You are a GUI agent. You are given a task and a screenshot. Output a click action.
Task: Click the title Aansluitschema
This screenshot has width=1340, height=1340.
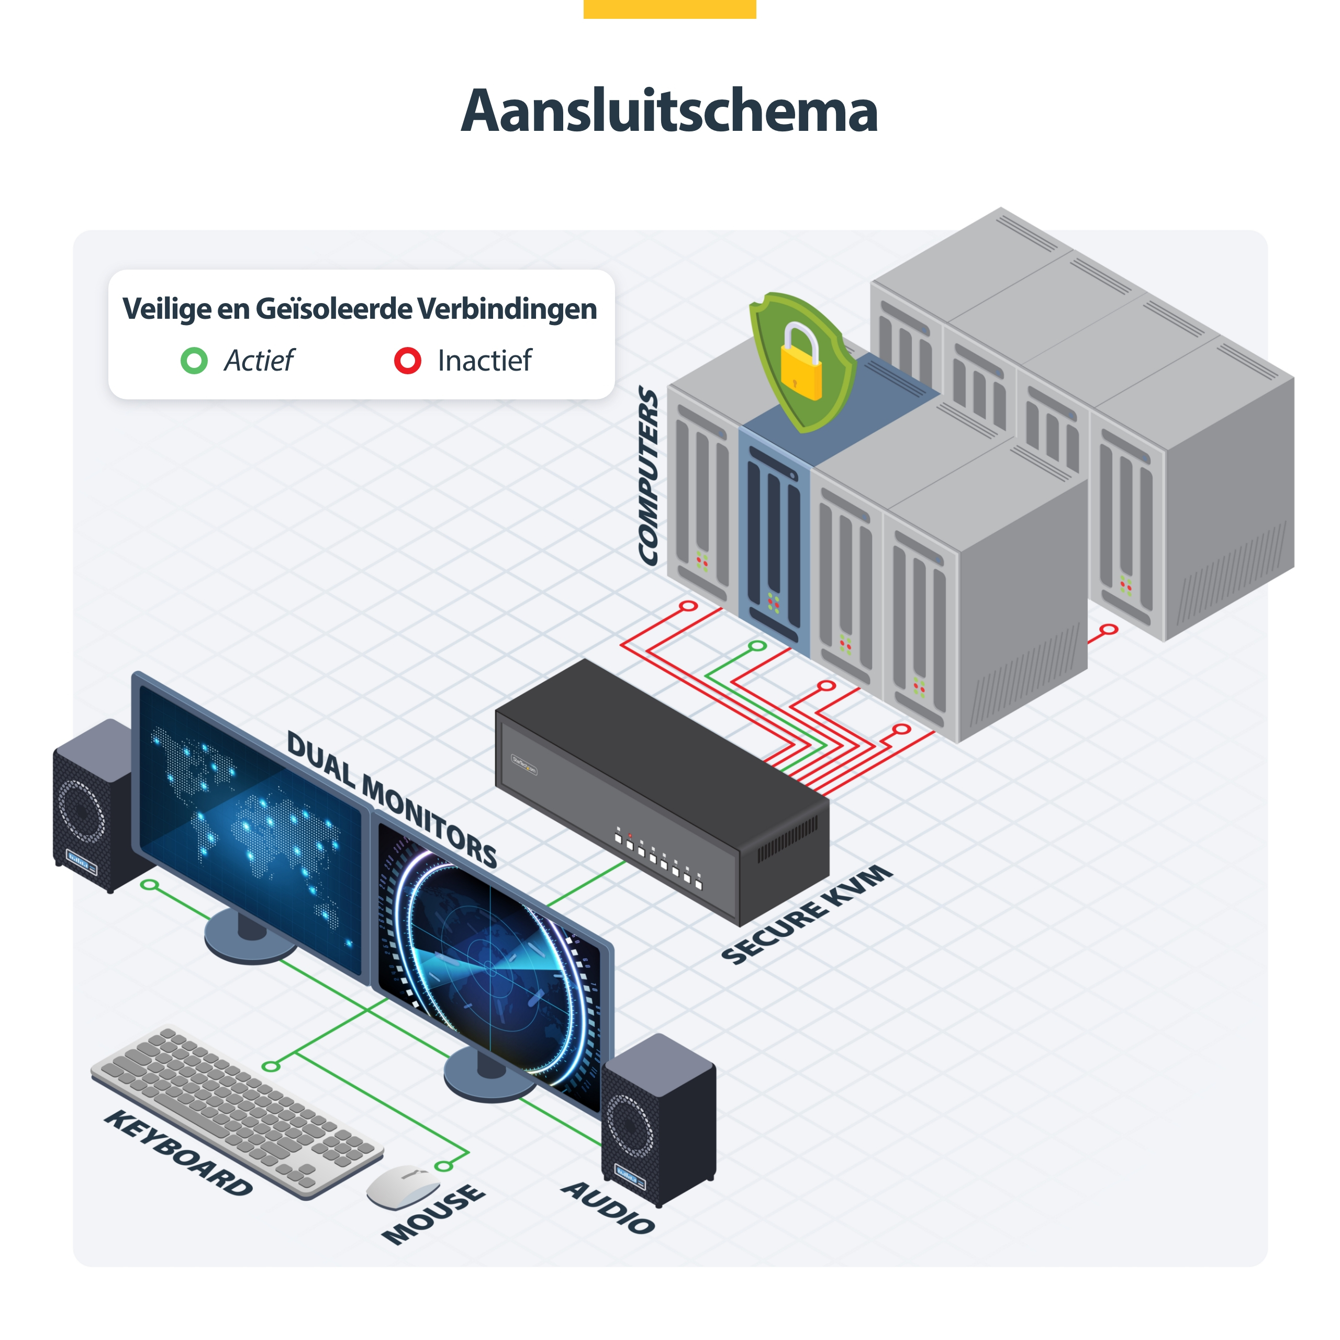pyautogui.click(x=669, y=111)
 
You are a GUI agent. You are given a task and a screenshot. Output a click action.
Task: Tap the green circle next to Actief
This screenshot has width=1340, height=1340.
pyautogui.click(x=194, y=361)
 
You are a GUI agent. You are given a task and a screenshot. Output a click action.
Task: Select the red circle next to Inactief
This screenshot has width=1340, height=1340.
pyautogui.click(x=408, y=361)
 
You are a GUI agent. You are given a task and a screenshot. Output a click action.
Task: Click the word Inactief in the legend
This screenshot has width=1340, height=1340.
pyautogui.click(x=485, y=361)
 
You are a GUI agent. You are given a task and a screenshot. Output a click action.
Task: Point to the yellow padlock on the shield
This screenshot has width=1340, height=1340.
pyautogui.click(x=801, y=362)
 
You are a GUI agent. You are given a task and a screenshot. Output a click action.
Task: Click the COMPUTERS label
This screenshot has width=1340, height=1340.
pyautogui.click(x=649, y=476)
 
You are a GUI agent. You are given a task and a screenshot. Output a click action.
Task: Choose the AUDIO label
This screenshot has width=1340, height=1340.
pyautogui.click(x=608, y=1208)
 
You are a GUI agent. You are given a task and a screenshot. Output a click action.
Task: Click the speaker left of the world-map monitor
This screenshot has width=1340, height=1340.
pyautogui.click(x=97, y=805)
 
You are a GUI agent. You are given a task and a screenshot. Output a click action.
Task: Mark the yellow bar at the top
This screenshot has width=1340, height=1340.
pyautogui.click(x=669, y=9)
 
